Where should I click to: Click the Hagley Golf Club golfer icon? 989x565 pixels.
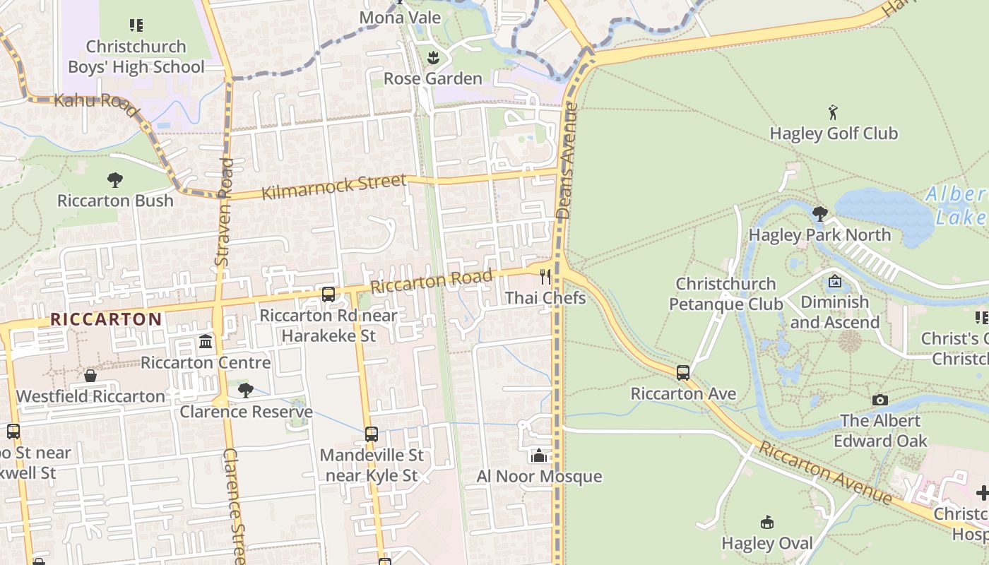834,112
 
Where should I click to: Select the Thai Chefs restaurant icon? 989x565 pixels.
545,276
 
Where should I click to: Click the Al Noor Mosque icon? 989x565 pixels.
539,456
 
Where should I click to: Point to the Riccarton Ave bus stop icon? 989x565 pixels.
682,372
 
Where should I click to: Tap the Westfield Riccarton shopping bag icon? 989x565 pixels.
90,376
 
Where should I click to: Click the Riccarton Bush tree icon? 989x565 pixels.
115,179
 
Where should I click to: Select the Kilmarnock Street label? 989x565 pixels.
334,186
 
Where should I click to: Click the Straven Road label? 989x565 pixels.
224,212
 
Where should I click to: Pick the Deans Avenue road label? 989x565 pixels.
567,161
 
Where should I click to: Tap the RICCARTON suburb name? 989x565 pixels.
106,319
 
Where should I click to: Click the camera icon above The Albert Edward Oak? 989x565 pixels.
880,400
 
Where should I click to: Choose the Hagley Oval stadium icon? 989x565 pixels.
766,523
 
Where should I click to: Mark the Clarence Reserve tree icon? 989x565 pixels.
245,390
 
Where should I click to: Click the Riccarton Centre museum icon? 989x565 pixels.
206,342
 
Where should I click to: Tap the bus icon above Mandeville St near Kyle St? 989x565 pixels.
372,434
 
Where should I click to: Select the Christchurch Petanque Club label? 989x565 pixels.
726,294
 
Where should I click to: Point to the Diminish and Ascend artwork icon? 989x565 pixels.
834,281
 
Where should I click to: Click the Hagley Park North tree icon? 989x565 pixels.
819,213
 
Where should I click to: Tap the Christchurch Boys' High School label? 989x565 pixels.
136,56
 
